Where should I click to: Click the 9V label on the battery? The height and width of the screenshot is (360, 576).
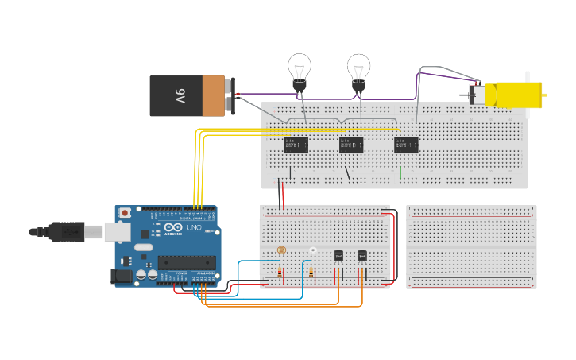pyautogui.click(x=180, y=96)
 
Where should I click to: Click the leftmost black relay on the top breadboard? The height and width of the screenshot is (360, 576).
pyautogui.click(x=296, y=145)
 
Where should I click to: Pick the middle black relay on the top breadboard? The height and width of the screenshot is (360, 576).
pyautogui.click(x=350, y=145)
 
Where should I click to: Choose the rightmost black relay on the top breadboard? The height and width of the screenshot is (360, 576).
pyautogui.click(x=405, y=145)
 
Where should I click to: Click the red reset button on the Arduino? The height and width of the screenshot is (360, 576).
pyautogui.click(x=125, y=213)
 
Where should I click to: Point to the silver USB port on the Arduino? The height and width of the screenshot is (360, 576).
pyautogui.click(x=117, y=231)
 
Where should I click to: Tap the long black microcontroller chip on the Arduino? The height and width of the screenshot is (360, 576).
pyautogui.click(x=186, y=262)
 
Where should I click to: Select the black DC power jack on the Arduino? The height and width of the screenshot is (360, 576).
pyautogui.click(x=121, y=275)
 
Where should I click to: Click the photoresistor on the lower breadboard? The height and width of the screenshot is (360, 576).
pyautogui.click(x=281, y=250)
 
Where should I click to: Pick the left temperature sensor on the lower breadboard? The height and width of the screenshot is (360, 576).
pyautogui.click(x=338, y=256)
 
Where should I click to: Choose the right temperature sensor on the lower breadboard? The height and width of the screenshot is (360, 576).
pyautogui.click(x=362, y=256)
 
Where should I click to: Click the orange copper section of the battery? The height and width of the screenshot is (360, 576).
pyautogui.click(x=213, y=96)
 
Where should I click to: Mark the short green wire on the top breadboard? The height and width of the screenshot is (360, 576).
pyautogui.click(x=400, y=172)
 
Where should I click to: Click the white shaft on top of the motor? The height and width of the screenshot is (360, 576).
pyautogui.click(x=526, y=76)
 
